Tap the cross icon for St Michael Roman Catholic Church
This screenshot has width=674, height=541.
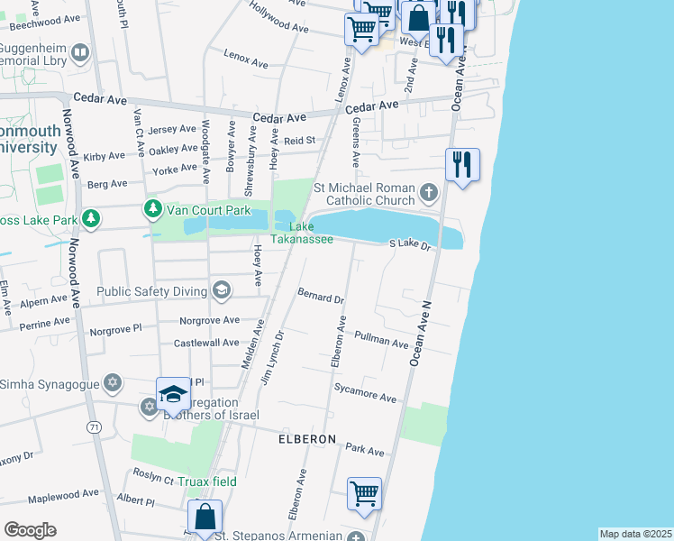tap(428, 191)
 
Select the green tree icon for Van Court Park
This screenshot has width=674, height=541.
tap(152, 209)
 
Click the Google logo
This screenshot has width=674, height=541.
tap(30, 530)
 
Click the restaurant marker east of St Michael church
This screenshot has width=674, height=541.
tap(462, 165)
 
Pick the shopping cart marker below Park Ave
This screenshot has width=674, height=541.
tap(364, 494)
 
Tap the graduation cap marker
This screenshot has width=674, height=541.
tap(173, 394)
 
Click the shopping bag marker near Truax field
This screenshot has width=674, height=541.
tap(205, 518)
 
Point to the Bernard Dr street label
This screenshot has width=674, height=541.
tap(321, 297)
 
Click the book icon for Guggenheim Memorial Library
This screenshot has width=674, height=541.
tap(80, 53)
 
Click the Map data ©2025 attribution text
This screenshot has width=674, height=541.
tap(635, 534)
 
